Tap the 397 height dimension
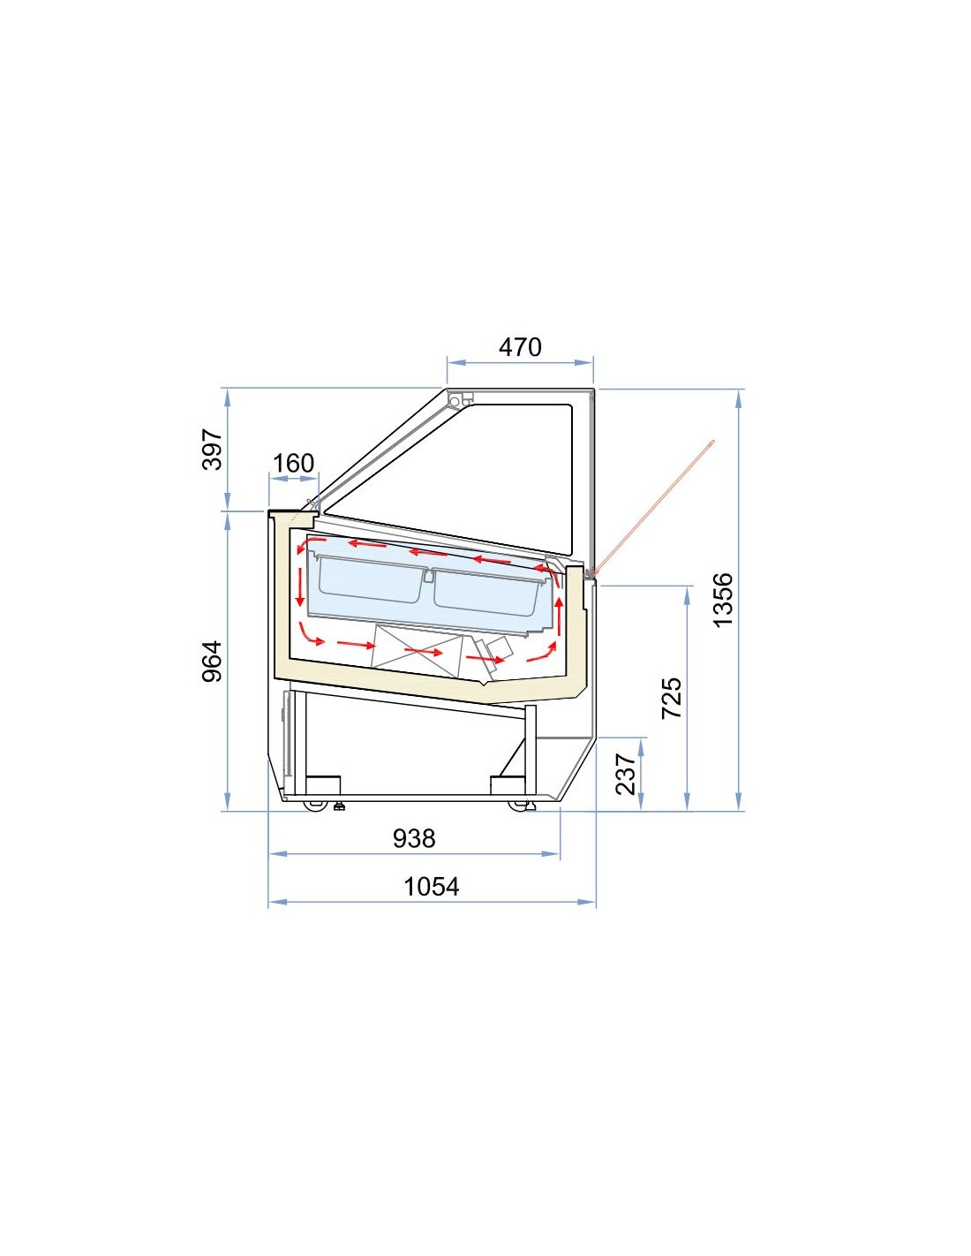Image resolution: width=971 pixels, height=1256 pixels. point(213,449)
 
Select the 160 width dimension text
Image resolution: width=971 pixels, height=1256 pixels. point(293,463)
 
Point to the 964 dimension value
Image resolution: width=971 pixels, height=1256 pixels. point(213,662)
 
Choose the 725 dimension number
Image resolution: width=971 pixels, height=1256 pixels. point(671,698)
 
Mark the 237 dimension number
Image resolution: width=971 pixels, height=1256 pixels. point(626,774)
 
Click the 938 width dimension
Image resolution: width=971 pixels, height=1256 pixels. point(414,838)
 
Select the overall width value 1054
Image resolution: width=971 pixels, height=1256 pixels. point(432,886)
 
